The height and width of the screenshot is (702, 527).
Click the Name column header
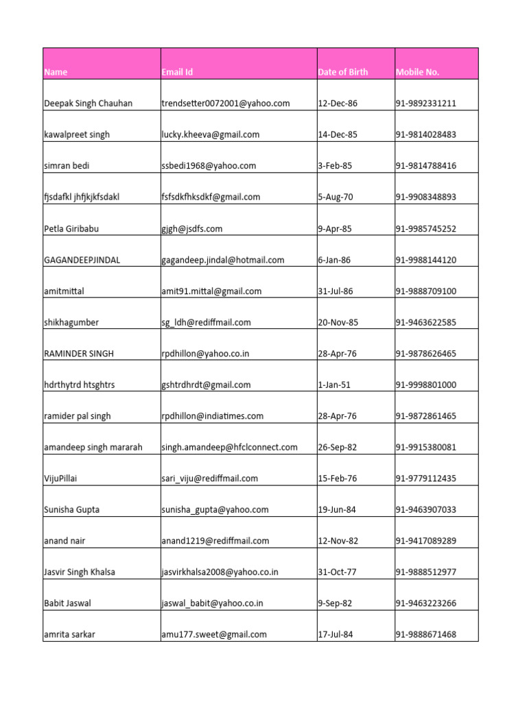point(56,72)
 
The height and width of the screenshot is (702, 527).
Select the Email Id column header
point(177,72)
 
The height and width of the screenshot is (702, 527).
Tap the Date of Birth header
point(343,72)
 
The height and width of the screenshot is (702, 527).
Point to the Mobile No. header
point(418,72)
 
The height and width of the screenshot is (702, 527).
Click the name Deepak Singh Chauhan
point(89,104)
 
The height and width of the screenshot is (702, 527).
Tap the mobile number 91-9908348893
point(426,197)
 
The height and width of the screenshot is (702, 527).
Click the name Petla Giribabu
point(72,228)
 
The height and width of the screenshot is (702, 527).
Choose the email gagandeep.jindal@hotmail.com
point(223,260)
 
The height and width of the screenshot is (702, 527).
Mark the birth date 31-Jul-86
point(336,291)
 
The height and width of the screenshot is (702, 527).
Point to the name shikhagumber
point(71,322)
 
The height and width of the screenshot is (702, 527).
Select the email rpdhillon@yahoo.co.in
point(206,354)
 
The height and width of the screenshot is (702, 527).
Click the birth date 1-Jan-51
point(334,385)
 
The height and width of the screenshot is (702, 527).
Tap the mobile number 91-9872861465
point(426,416)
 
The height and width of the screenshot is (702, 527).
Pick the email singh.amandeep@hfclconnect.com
point(230,447)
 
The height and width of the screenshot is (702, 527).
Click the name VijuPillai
point(60,479)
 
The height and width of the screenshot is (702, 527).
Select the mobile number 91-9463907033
point(426,509)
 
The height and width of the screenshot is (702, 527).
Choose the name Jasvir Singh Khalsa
point(80,572)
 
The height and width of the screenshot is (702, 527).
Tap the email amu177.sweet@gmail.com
point(214,634)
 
